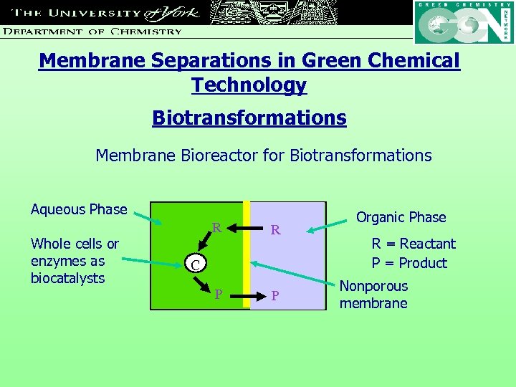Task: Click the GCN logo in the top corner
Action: click(464, 23)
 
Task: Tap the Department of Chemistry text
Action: click(92, 31)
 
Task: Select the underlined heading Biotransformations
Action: click(249, 118)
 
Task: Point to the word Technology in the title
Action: click(249, 85)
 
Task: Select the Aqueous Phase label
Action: click(78, 209)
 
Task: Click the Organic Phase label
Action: click(401, 217)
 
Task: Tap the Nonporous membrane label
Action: click(373, 295)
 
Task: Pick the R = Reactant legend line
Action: click(413, 244)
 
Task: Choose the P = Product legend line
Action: click(408, 263)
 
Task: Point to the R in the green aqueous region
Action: click(216, 229)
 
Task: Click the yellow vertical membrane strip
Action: click(246, 256)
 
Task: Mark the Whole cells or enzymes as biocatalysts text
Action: click(74, 261)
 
